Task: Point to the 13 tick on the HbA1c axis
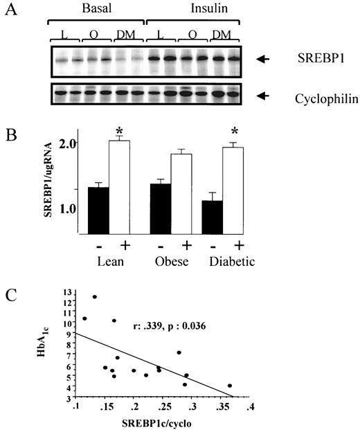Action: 67,294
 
